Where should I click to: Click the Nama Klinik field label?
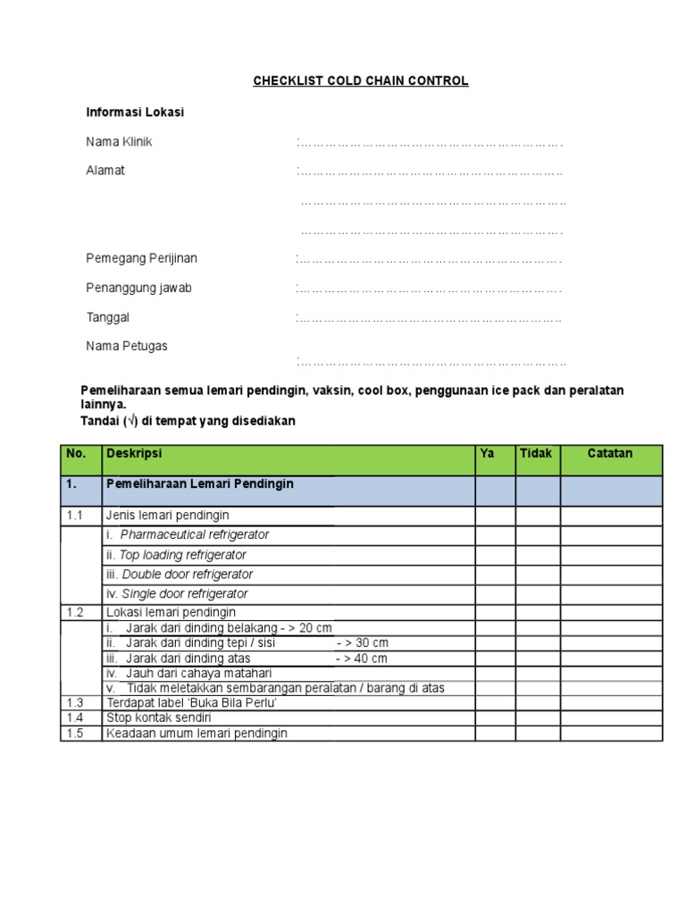pyautogui.click(x=119, y=142)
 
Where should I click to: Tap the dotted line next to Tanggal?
pyautogui.click(x=430, y=318)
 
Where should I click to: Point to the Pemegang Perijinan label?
pyautogui.click(x=141, y=258)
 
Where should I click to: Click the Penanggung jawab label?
pyautogui.click(x=138, y=288)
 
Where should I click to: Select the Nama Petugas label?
pyautogui.click(x=126, y=346)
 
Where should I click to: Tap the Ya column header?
pyautogui.click(x=487, y=454)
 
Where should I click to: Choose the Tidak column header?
pyautogui.click(x=536, y=454)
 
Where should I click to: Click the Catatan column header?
pyautogui.click(x=610, y=454)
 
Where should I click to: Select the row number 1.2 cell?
pyautogui.click(x=74, y=612)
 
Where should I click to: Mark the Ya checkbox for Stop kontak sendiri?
pyautogui.click(x=495, y=718)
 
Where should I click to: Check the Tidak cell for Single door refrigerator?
pyautogui.click(x=538, y=594)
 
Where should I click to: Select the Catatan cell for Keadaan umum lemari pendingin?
pyautogui.click(x=611, y=734)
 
